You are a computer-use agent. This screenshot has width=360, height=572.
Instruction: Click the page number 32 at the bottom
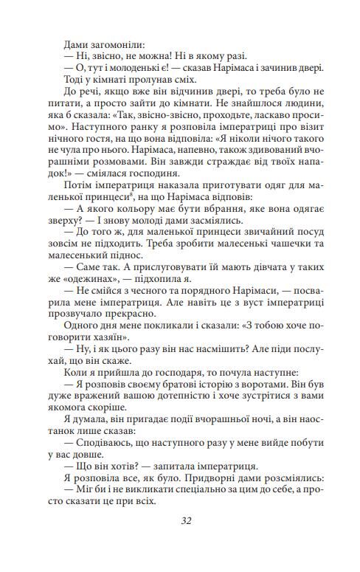(186, 520)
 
